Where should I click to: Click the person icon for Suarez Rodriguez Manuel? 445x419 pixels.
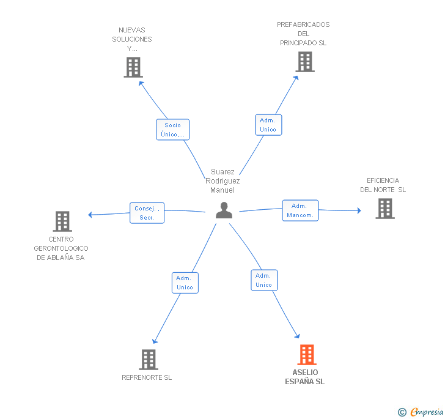224,210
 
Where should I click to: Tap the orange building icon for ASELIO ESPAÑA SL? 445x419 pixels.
307,355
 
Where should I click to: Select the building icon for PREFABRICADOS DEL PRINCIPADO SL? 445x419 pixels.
305,62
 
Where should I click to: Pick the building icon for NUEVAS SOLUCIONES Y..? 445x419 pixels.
133,67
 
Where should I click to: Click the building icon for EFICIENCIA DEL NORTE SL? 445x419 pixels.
385,209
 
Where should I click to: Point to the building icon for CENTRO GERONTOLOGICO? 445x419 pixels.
62,221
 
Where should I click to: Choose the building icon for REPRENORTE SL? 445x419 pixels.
149,359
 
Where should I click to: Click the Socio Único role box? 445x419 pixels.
172,130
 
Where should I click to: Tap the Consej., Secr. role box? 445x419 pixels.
147,213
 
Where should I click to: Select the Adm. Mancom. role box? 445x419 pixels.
300,210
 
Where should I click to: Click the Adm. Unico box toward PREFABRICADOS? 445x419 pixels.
268,125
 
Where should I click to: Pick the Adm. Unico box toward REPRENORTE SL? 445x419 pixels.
185,283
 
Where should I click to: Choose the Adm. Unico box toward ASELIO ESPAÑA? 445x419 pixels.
264,280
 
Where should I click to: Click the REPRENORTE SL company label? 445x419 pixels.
147,377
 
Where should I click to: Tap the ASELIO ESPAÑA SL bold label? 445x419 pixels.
305,377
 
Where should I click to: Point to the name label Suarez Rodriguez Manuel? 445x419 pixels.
223,181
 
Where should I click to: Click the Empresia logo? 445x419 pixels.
421,412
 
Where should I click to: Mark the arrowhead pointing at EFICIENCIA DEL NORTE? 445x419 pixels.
359,210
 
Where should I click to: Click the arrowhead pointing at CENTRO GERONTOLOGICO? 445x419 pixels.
90,215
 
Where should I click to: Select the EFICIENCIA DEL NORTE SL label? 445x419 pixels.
383,185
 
